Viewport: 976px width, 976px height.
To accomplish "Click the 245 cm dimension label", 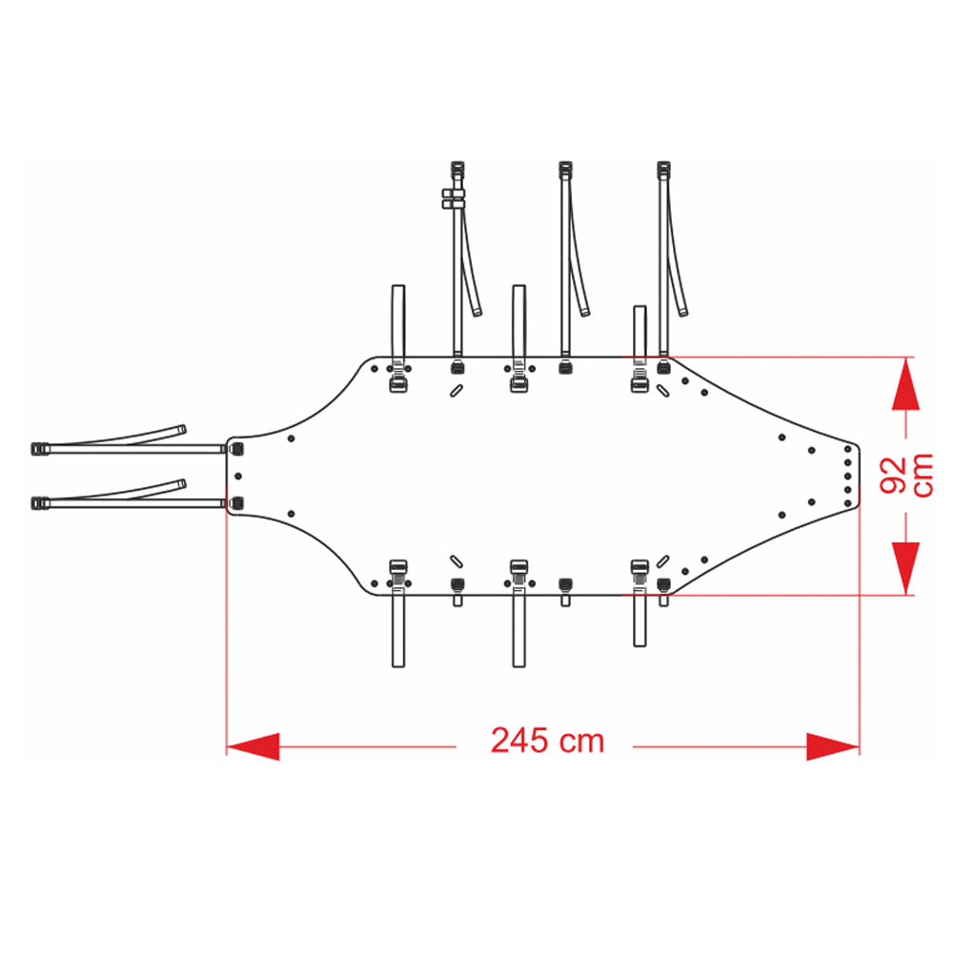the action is [547, 741].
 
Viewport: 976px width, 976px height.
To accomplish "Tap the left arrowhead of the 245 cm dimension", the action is [253, 746].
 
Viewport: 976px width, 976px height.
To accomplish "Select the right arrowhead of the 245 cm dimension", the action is [833, 746].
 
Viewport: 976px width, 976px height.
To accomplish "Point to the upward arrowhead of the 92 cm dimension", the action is [905, 383].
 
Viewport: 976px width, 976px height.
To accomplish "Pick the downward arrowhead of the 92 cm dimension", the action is [905, 568].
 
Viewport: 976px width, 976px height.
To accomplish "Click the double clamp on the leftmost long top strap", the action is [454, 199].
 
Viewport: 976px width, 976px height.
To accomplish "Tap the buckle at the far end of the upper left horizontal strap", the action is [40, 448].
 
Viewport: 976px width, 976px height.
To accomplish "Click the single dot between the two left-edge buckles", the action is [237, 477].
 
